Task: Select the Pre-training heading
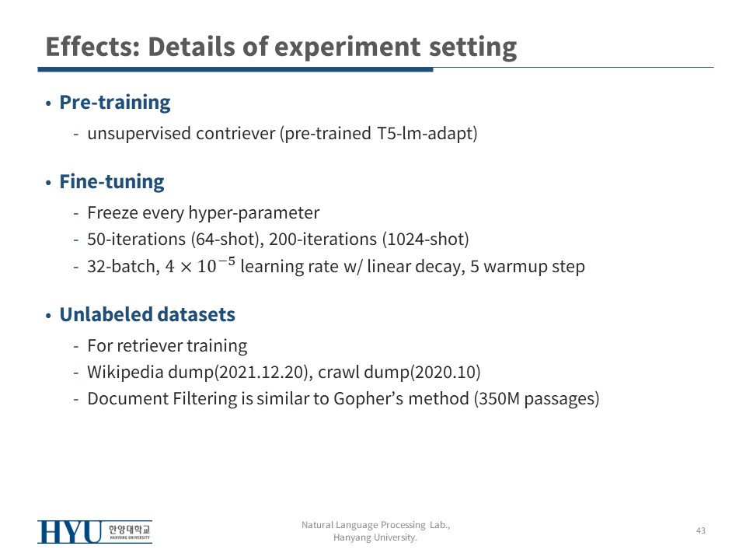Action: (x=115, y=103)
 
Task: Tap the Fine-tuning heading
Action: (x=112, y=182)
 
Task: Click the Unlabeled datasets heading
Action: (x=148, y=314)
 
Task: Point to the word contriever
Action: (x=235, y=133)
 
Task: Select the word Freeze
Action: (x=112, y=212)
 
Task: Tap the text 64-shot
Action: (x=226, y=239)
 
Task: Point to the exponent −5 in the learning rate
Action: (x=227, y=261)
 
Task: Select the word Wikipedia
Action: (x=125, y=372)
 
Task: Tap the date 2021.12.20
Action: (x=262, y=372)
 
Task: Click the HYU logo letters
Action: (x=70, y=532)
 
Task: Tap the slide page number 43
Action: (x=701, y=530)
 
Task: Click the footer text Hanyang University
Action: (x=375, y=537)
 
